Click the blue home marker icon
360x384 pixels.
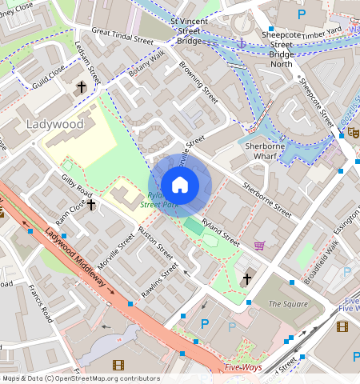tap(180, 186)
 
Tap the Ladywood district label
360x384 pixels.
tap(54, 124)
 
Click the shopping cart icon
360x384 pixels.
tap(259, 246)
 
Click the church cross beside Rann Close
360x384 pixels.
tap(91, 205)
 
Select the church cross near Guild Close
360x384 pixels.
tap(81, 86)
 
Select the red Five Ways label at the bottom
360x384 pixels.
tap(242, 368)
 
